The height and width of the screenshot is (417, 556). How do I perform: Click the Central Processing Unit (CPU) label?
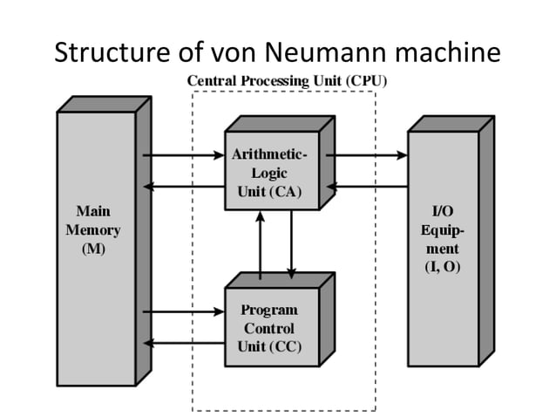click(x=288, y=80)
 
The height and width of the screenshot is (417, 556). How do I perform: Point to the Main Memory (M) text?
click(x=93, y=230)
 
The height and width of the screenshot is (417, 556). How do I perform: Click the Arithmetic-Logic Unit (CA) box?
click(x=270, y=173)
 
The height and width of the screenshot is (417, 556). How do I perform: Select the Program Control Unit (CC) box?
click(x=269, y=328)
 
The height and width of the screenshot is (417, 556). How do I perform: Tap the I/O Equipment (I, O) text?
click(x=443, y=240)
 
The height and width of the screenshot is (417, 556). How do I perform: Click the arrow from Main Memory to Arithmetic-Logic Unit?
click(x=183, y=156)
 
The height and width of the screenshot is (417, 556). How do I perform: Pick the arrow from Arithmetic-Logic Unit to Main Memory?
click(x=183, y=186)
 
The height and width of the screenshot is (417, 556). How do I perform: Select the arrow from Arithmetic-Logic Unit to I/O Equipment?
click(x=366, y=156)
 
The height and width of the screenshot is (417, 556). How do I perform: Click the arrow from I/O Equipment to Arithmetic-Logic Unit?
click(x=366, y=186)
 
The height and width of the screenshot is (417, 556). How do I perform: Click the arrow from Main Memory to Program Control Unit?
click(x=183, y=311)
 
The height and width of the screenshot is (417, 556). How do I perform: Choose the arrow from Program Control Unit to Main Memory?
click(x=183, y=342)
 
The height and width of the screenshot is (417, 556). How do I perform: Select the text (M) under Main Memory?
click(x=93, y=250)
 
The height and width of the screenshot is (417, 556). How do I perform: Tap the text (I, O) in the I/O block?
click(x=443, y=268)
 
